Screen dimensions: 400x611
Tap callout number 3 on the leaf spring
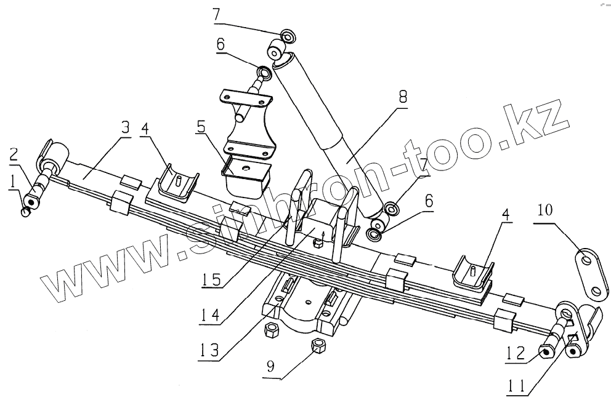[125, 129]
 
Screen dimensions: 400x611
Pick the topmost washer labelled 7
[288, 36]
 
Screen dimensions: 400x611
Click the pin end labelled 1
[25, 212]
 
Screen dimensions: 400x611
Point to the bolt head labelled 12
[546, 351]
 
